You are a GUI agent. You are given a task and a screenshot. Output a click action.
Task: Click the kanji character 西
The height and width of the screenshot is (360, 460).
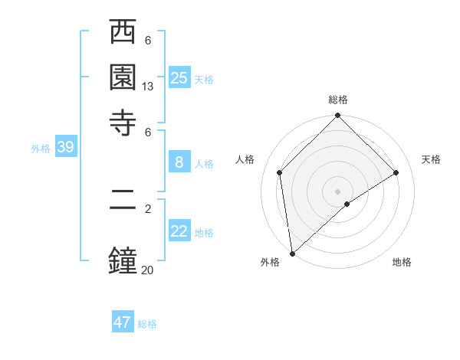coord(123,33)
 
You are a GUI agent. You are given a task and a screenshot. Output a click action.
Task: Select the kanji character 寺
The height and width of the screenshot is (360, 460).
coord(123,122)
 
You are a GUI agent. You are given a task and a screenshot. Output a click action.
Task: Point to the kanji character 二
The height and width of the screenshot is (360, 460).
coord(123,208)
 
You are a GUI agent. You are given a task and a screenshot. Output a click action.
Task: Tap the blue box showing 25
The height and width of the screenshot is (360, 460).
coord(179,77)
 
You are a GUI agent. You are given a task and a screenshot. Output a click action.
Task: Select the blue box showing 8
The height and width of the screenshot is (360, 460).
coord(179,162)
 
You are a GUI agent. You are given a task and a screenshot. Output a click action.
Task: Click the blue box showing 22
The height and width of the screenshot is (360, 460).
coord(179,231)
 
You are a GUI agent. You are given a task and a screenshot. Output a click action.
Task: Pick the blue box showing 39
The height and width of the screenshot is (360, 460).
coord(65,147)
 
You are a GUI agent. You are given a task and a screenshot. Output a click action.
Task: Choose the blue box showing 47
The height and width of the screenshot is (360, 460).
coord(123,322)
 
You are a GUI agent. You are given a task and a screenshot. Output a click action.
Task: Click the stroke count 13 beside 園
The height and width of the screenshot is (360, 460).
coord(148,87)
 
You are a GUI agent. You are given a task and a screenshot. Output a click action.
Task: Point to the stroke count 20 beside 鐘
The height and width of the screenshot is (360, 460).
coord(148,269)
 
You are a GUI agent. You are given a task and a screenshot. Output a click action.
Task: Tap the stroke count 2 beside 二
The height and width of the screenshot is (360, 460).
coord(148,208)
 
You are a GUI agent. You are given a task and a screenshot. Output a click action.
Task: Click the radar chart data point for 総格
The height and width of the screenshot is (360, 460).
coord(337,116)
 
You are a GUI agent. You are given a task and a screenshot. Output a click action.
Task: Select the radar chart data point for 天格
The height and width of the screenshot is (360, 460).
coord(396,172)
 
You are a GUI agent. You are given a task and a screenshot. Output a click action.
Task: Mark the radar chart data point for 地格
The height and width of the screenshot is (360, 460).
coord(347,204)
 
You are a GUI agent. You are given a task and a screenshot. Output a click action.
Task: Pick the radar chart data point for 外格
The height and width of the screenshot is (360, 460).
coord(292,254)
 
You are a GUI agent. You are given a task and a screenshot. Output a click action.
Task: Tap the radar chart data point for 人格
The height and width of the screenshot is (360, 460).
coord(280,172)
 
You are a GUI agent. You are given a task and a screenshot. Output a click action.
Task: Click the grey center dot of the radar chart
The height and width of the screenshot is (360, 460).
coord(337,191)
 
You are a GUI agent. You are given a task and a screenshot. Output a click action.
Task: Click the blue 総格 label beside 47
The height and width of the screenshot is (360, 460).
coord(147,324)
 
